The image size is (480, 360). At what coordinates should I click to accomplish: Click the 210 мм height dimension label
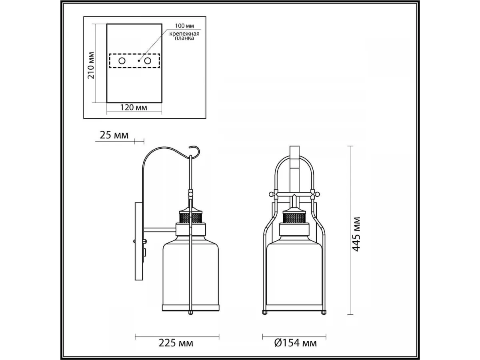tap(90, 65)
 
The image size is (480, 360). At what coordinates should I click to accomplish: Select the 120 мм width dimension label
tap(134, 108)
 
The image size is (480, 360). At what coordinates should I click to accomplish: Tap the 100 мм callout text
tap(184, 26)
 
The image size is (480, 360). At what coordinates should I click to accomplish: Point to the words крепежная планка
tap(184, 36)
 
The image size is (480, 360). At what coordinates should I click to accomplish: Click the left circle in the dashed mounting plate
tap(122, 61)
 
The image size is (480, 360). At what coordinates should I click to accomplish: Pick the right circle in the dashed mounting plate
tap(148, 61)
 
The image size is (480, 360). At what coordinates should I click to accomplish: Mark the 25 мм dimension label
tap(114, 135)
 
